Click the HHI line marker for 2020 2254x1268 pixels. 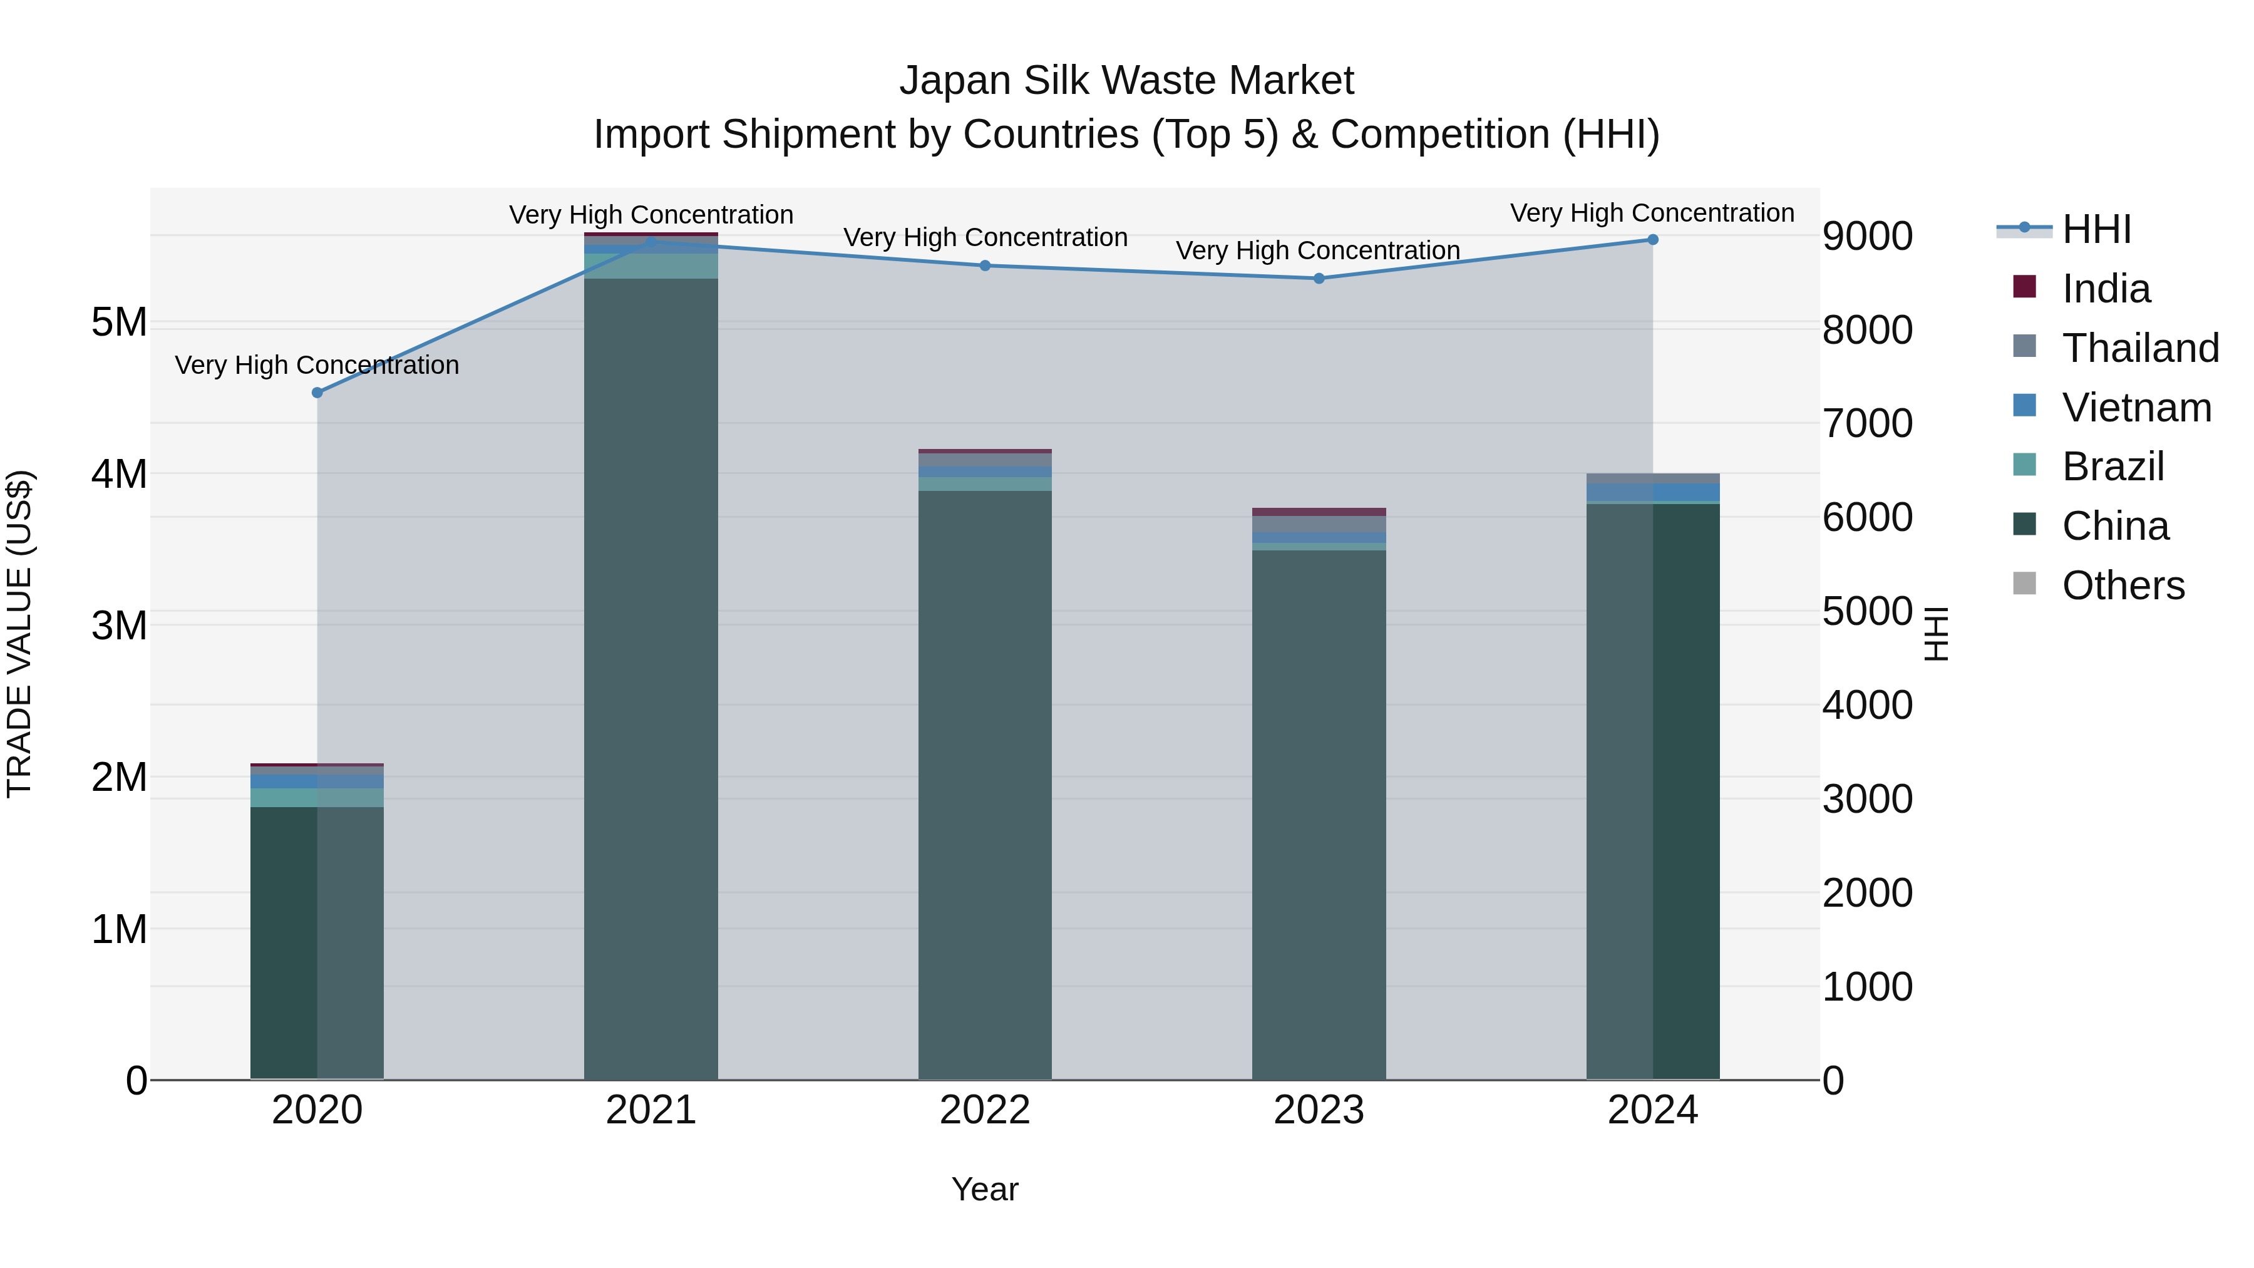coord(317,393)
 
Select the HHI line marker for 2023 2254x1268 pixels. coord(1319,278)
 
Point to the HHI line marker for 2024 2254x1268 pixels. coord(1653,240)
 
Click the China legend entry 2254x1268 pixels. coord(2115,526)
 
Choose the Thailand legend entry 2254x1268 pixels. coord(2140,348)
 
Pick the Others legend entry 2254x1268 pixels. coord(2123,585)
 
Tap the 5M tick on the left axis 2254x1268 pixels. coord(119,322)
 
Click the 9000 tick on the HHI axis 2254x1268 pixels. coord(1867,236)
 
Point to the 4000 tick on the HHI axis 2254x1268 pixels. coord(1867,705)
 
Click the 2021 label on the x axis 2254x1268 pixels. coord(651,1110)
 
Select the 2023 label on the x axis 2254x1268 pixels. coord(1319,1110)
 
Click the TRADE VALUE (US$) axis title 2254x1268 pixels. coord(19,634)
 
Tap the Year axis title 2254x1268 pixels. coord(985,1189)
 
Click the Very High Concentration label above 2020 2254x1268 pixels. coord(317,365)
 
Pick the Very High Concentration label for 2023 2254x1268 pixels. coord(1318,250)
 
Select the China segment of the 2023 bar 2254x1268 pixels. coord(1319,814)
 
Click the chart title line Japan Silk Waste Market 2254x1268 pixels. coord(1126,81)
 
